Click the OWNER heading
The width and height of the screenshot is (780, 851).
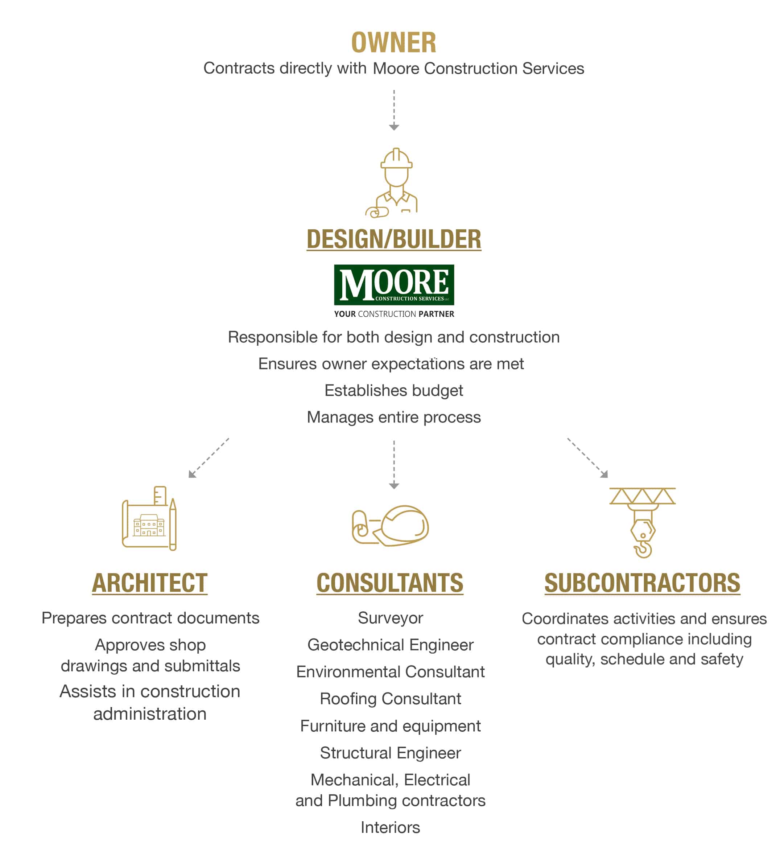pyautogui.click(x=394, y=43)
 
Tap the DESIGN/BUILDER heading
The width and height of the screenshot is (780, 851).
pyautogui.click(x=394, y=239)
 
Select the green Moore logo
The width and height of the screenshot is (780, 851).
pyautogui.click(x=394, y=284)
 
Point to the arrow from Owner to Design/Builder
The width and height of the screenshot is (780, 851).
pyautogui.click(x=394, y=110)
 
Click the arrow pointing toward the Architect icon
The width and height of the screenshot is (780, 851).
pyautogui.click(x=209, y=458)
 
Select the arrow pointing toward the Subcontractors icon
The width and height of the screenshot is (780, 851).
pyautogui.click(x=587, y=458)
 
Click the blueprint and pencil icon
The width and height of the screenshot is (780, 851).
pyautogui.click(x=149, y=518)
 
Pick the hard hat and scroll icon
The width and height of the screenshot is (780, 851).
pyautogui.click(x=391, y=526)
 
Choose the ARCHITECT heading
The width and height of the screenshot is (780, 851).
pyautogui.click(x=150, y=583)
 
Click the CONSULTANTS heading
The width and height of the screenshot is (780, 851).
pyautogui.click(x=390, y=583)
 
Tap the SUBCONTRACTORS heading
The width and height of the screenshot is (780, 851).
pyautogui.click(x=643, y=583)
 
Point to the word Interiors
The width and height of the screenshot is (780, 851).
pyautogui.click(x=391, y=828)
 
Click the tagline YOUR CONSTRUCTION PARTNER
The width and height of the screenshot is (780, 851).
pyautogui.click(x=394, y=314)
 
